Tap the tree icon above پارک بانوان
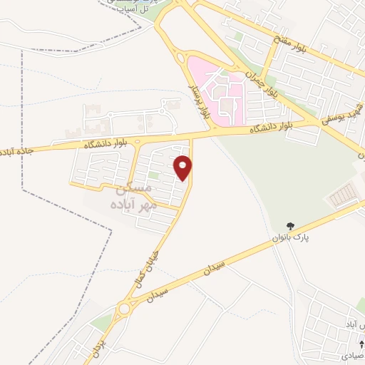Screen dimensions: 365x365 [x=291, y=226]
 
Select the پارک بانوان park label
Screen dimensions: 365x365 [x=289, y=237]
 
